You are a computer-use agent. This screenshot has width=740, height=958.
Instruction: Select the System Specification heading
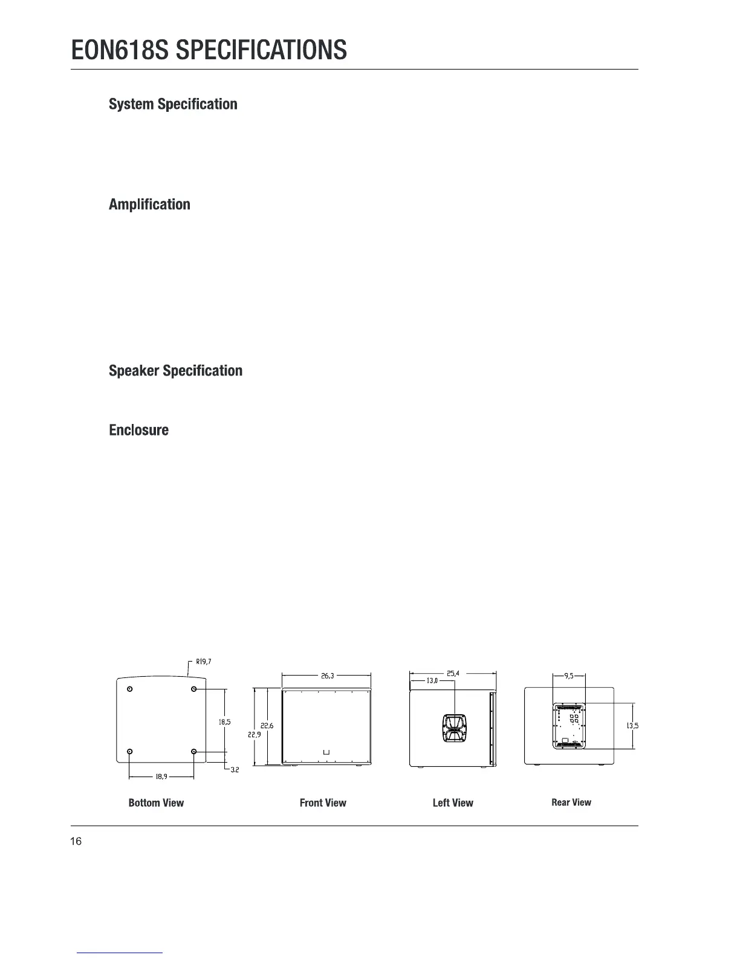coord(173,104)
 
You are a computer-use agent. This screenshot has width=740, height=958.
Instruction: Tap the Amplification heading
coord(149,204)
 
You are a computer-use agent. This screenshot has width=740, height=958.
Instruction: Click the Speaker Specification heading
coord(175,371)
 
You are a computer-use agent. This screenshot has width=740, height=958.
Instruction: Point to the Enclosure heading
coord(138,430)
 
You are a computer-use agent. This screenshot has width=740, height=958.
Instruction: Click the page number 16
coord(76,841)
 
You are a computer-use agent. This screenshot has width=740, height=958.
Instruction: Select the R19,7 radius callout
coord(203,660)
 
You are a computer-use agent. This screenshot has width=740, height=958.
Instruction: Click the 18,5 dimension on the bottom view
coord(224,722)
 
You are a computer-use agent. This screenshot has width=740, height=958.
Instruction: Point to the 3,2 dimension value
coord(236,771)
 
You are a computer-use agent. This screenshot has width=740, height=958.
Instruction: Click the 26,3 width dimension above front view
coord(327,676)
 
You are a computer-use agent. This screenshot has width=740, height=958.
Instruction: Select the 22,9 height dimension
coord(254,734)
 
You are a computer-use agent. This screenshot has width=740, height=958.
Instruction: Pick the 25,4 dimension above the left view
coord(453,673)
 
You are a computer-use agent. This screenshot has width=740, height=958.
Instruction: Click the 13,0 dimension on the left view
coord(432,681)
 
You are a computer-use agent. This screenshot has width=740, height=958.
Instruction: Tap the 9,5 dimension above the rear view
coord(569,676)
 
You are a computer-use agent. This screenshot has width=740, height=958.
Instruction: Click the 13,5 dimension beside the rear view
coord(632,726)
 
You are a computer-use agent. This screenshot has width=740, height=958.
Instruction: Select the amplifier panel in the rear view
coord(569,726)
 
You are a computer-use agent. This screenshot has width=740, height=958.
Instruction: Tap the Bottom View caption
coord(156,803)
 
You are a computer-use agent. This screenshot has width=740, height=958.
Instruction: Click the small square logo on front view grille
coord(326,752)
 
